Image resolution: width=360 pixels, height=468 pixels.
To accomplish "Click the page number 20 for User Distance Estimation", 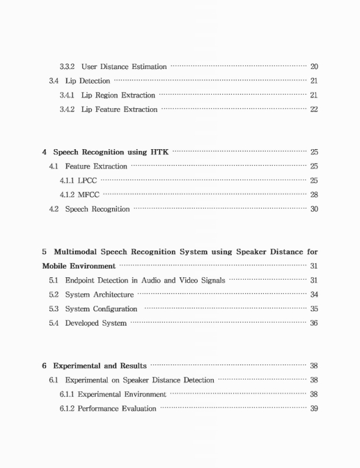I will click(x=314, y=67).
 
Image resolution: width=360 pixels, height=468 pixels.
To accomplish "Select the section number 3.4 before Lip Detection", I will click(x=53, y=81).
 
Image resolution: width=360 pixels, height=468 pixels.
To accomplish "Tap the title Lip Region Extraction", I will click(x=118, y=95).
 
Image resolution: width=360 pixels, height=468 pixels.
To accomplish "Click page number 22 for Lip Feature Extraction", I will click(x=314, y=109).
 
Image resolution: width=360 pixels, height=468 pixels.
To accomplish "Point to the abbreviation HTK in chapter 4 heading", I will click(x=158, y=152).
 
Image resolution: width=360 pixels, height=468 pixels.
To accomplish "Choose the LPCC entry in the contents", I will click(x=87, y=181).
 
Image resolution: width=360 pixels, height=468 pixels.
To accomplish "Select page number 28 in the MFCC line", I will click(x=314, y=195).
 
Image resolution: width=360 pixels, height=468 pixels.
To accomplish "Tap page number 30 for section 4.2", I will click(x=314, y=209).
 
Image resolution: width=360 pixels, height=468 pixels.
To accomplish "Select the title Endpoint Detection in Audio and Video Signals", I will click(x=145, y=280).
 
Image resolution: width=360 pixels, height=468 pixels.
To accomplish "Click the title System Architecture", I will click(x=100, y=294).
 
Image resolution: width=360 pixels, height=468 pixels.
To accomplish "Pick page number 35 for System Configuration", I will click(x=314, y=309).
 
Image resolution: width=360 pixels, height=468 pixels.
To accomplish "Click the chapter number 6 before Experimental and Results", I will click(x=44, y=366).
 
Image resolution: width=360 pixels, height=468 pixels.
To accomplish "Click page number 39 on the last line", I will click(x=314, y=408).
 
